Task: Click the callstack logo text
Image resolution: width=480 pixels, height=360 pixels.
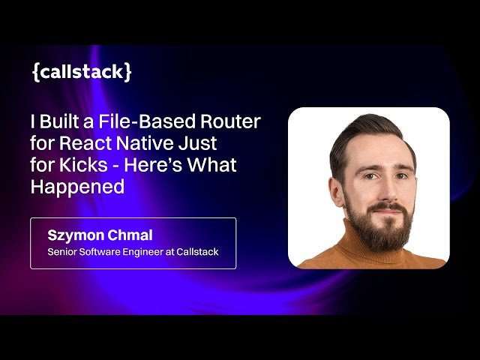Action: [x=82, y=72]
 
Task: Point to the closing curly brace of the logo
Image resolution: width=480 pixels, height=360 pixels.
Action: [x=129, y=73]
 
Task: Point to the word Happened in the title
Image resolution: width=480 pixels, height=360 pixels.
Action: [x=77, y=187]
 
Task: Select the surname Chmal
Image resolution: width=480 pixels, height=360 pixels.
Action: [x=131, y=235]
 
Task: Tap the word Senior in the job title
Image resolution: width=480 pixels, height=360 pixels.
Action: [x=63, y=252]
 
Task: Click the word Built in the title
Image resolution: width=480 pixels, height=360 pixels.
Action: [x=64, y=121]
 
